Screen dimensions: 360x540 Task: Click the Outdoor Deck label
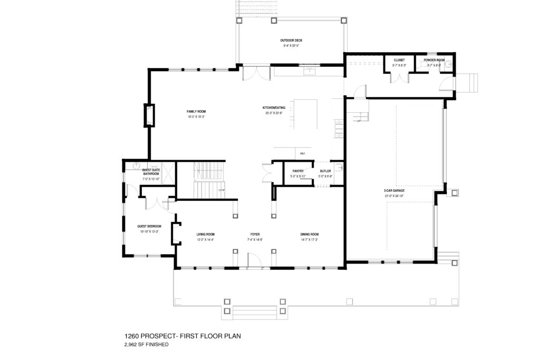pos(291,41)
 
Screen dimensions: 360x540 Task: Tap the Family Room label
pos(196,112)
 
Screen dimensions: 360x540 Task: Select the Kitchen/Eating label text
pos(274,108)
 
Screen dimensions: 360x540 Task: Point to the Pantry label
pos(292,171)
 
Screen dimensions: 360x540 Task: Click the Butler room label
pos(325,171)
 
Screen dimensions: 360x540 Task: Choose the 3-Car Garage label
pos(394,191)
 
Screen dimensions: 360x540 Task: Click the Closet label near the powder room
pos(399,60)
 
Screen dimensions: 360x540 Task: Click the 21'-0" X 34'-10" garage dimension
pos(394,196)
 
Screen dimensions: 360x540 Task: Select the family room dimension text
pos(196,117)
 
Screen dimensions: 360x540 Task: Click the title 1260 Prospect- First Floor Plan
pos(182,336)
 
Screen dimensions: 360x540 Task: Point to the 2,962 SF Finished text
pos(146,345)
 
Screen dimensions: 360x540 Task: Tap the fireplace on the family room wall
pos(149,116)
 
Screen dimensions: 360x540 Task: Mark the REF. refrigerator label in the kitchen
pos(303,153)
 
